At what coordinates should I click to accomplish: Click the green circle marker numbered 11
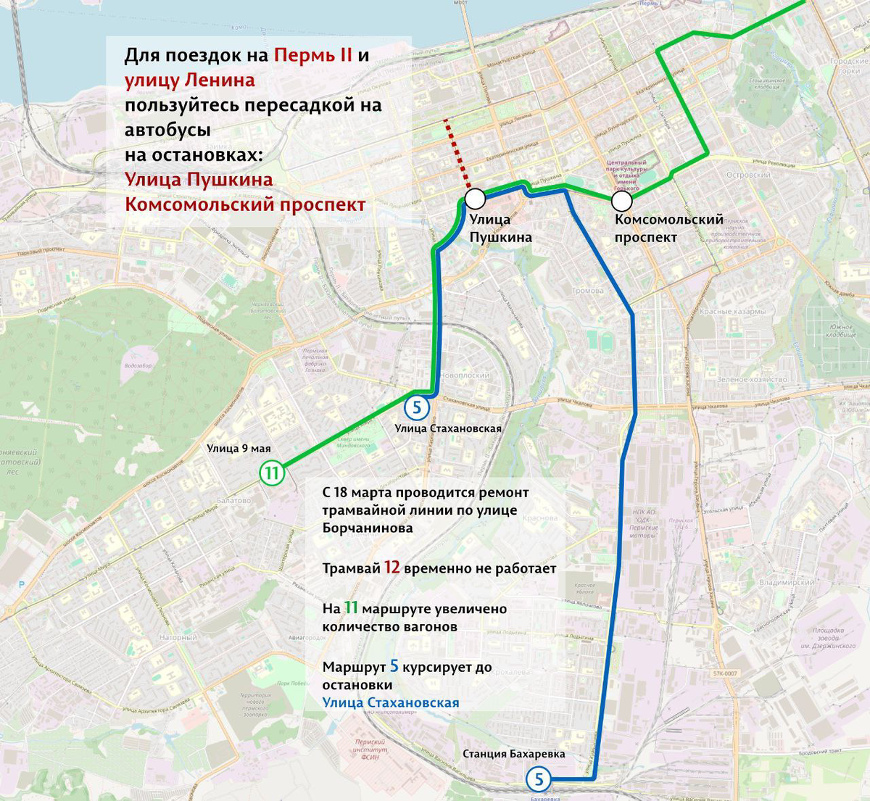[x=272, y=474]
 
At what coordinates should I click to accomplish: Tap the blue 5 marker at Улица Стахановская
[x=416, y=407]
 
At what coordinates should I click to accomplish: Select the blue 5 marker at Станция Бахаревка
[x=538, y=779]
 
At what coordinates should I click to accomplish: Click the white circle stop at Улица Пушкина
[x=476, y=199]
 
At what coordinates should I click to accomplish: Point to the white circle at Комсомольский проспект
[x=622, y=201]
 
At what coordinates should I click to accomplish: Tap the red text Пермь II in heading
[x=312, y=56]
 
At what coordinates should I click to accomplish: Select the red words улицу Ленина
[x=189, y=80]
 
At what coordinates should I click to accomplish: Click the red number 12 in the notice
[x=391, y=568]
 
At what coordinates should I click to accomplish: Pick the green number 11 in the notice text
[x=351, y=608]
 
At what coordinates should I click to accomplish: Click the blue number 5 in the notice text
[x=394, y=666]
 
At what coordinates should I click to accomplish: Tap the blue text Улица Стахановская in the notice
[x=391, y=702]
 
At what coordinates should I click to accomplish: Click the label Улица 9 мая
[x=239, y=448]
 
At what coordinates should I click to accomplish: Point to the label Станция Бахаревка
[x=513, y=754]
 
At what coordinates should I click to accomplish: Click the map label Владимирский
[x=787, y=582]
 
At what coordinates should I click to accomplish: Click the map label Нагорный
[x=178, y=637]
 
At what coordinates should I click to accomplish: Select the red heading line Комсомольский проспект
[x=245, y=204]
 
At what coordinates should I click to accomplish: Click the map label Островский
[x=748, y=175]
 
